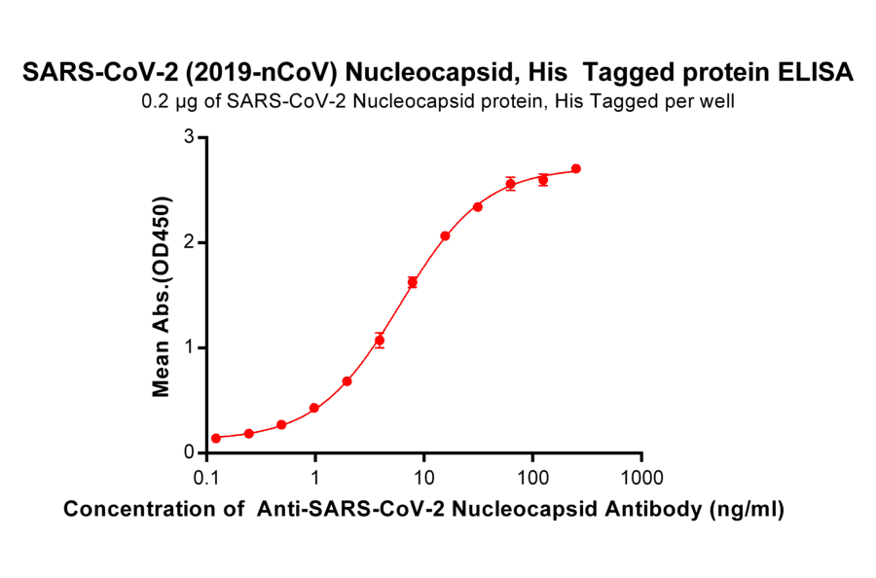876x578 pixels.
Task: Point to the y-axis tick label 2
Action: (x=189, y=242)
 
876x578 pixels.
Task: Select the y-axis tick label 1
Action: (x=189, y=347)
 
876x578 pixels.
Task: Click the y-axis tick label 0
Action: (x=189, y=452)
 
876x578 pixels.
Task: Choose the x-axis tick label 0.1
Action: (x=206, y=479)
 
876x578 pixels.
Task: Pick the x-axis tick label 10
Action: (x=423, y=479)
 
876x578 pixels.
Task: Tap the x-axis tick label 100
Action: (x=532, y=479)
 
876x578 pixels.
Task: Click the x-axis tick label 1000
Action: (x=641, y=479)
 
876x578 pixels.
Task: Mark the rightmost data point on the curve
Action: (x=576, y=168)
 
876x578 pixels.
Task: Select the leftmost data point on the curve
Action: (x=216, y=438)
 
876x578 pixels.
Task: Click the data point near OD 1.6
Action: (x=413, y=282)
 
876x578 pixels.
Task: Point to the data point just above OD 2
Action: (x=445, y=235)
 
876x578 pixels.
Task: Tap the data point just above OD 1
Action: (x=380, y=340)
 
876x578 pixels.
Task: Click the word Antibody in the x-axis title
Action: (x=652, y=509)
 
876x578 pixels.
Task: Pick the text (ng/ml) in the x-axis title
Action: (x=748, y=509)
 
